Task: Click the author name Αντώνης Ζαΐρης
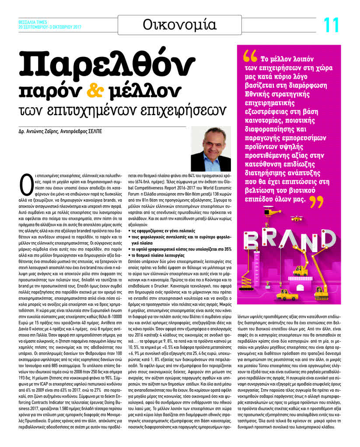pyautogui.click(x=43, y=131)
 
